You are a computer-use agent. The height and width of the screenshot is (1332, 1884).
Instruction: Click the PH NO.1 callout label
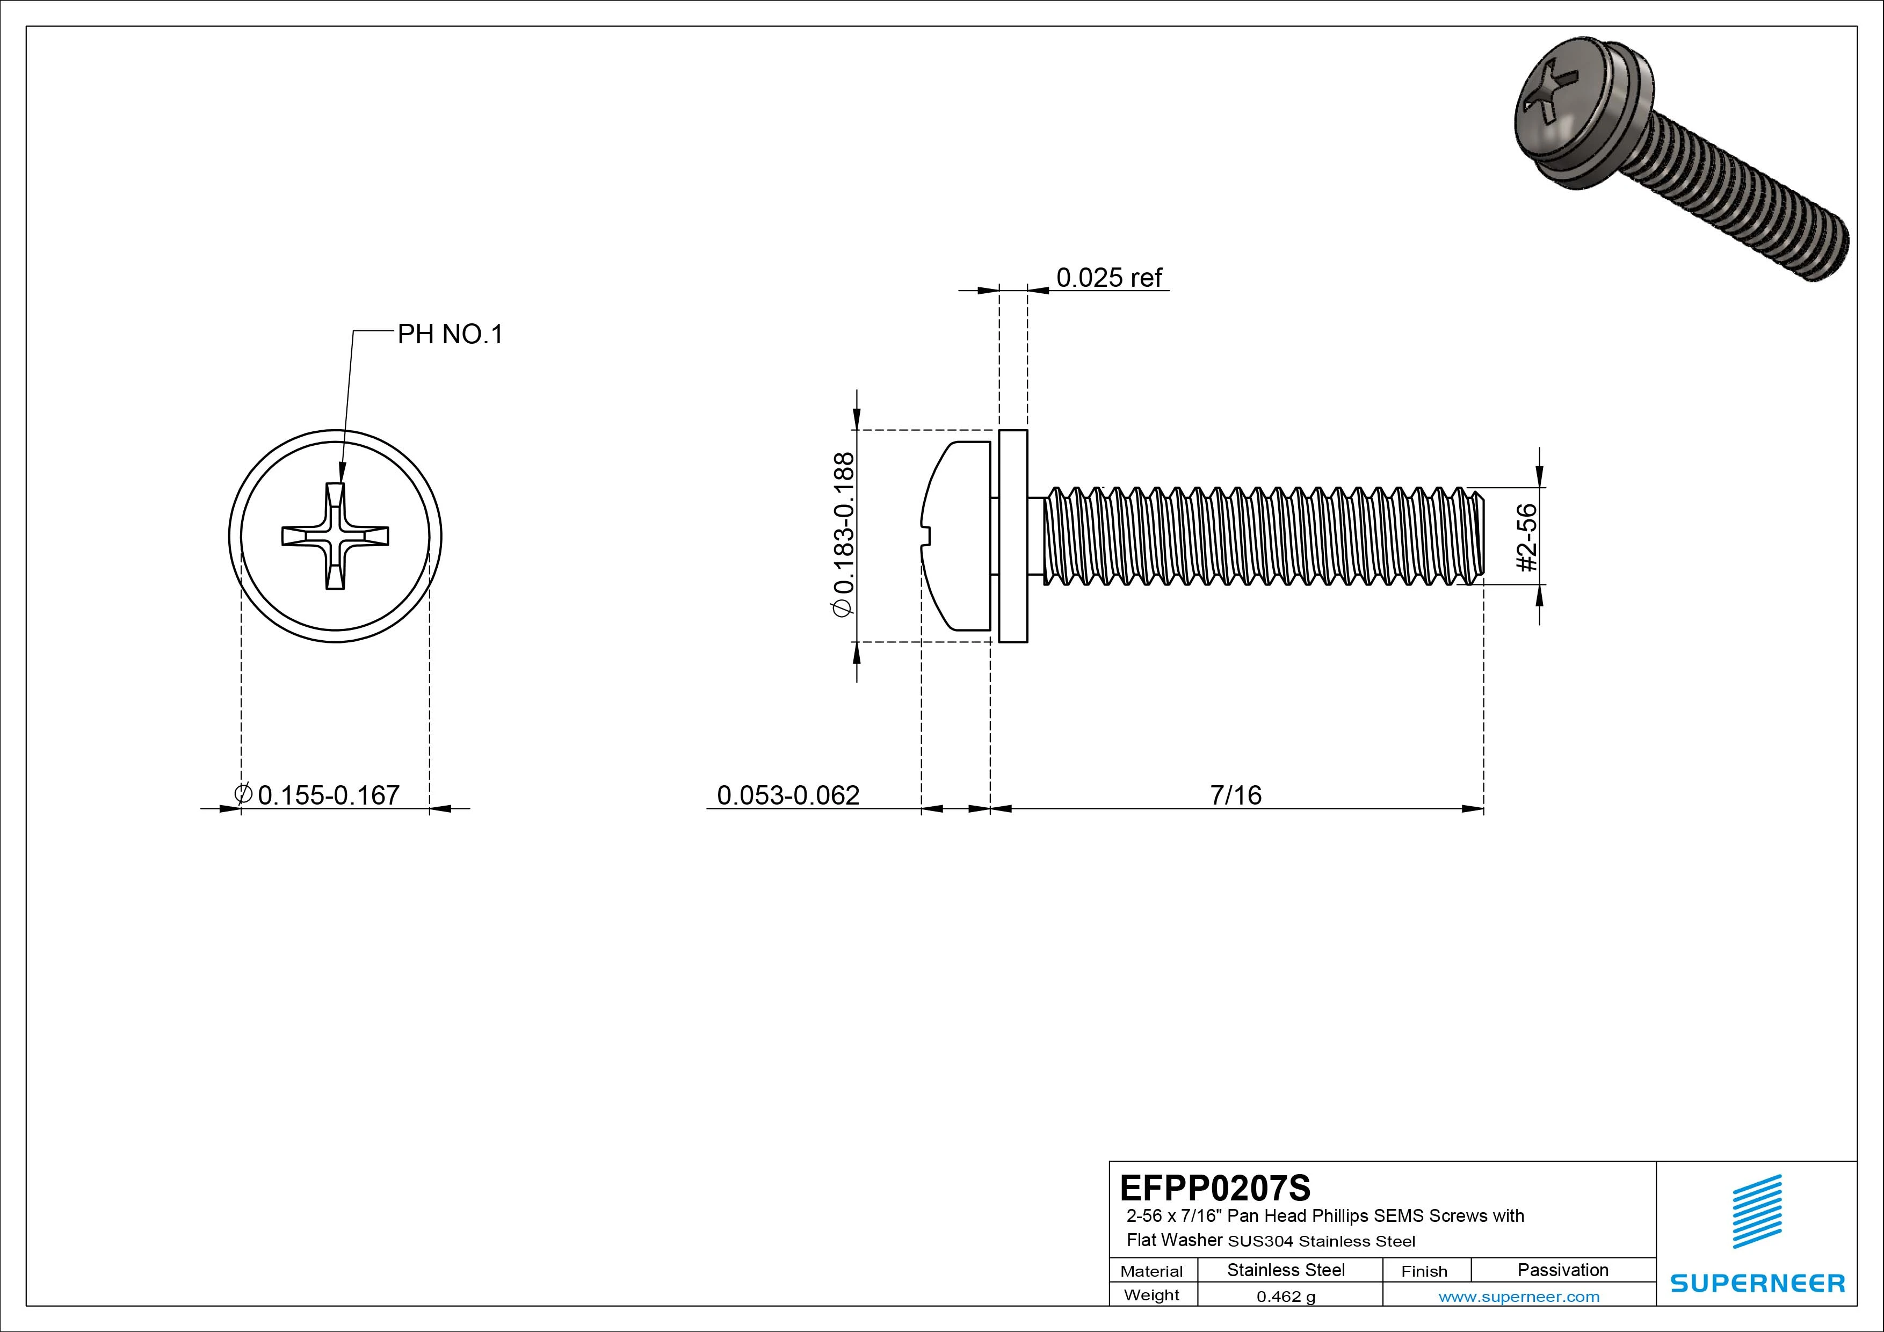450,335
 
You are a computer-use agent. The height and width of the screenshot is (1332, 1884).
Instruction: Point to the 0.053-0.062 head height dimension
788,794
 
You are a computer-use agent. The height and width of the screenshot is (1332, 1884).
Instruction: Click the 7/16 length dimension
1235,794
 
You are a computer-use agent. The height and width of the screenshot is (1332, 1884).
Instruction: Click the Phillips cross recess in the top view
335,536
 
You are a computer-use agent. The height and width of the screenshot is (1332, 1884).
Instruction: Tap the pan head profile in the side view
956,536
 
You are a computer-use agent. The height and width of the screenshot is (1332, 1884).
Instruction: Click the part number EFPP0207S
1214,1188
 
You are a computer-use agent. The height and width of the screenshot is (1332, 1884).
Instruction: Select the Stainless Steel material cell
1285,1270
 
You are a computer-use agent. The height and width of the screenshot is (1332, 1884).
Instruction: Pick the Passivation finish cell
1562,1270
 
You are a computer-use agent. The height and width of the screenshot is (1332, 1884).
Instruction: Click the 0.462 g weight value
1285,1297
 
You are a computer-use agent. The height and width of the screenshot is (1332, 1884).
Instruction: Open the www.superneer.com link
1518,1297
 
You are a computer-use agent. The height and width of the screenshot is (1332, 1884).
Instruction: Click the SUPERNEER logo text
1757,1283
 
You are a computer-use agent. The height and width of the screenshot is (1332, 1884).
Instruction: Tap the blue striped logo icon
1757,1211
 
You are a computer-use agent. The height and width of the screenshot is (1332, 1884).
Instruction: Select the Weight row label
1151,1295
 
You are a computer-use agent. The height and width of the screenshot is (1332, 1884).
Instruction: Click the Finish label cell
1424,1270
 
